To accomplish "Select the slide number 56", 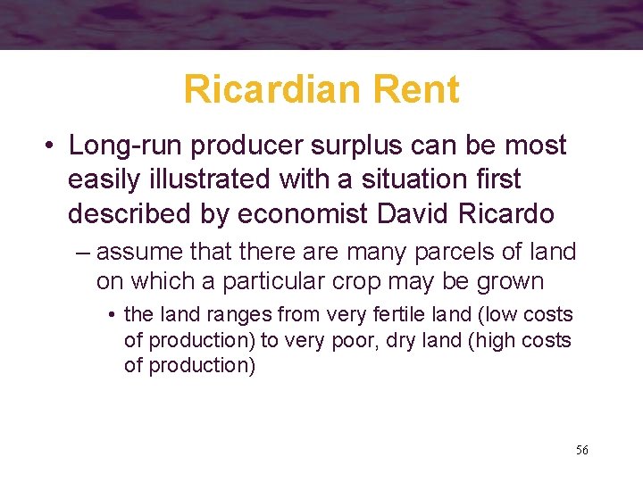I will tap(581, 450).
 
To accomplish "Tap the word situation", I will tap(401, 179).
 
